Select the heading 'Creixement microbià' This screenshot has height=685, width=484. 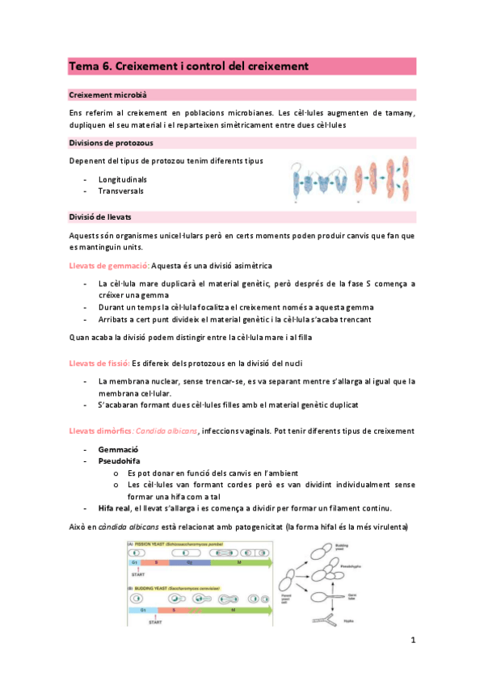coord(107,95)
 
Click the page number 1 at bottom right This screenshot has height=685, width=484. coord(412,641)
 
